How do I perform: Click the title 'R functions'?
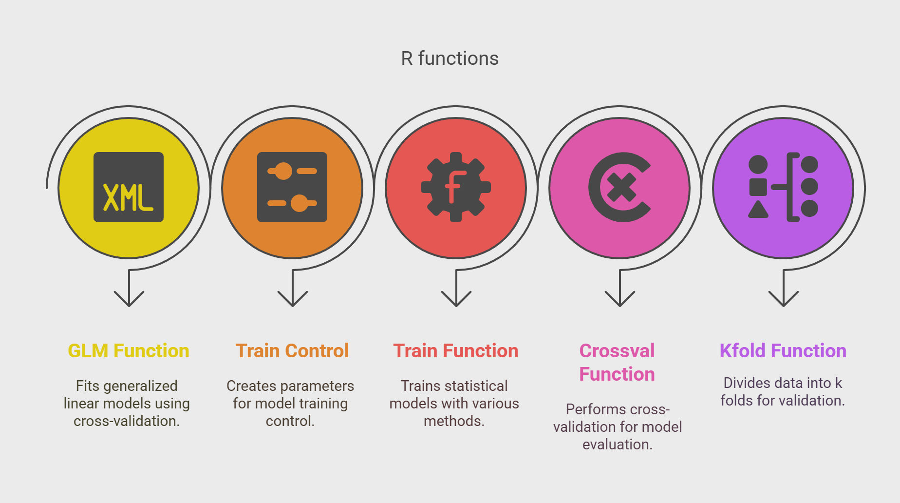click(x=450, y=58)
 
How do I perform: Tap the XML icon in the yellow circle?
click(x=129, y=187)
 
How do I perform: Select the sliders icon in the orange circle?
click(x=292, y=187)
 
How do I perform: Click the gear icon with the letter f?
click(x=456, y=187)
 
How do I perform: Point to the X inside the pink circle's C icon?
click(x=622, y=188)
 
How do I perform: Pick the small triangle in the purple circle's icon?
click(x=758, y=209)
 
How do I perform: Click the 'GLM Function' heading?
click(x=129, y=351)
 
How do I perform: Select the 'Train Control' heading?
click(x=292, y=351)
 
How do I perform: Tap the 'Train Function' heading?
click(x=456, y=351)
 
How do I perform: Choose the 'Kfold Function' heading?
click(x=783, y=351)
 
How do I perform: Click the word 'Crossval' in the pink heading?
click(x=617, y=351)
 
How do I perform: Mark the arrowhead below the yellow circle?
click(x=129, y=298)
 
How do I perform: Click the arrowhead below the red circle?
click(x=456, y=298)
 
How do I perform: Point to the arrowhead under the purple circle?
click(x=784, y=298)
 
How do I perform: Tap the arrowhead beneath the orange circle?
click(x=293, y=298)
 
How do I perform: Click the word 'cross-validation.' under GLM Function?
click(x=127, y=421)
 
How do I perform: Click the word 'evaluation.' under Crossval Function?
click(x=618, y=444)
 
